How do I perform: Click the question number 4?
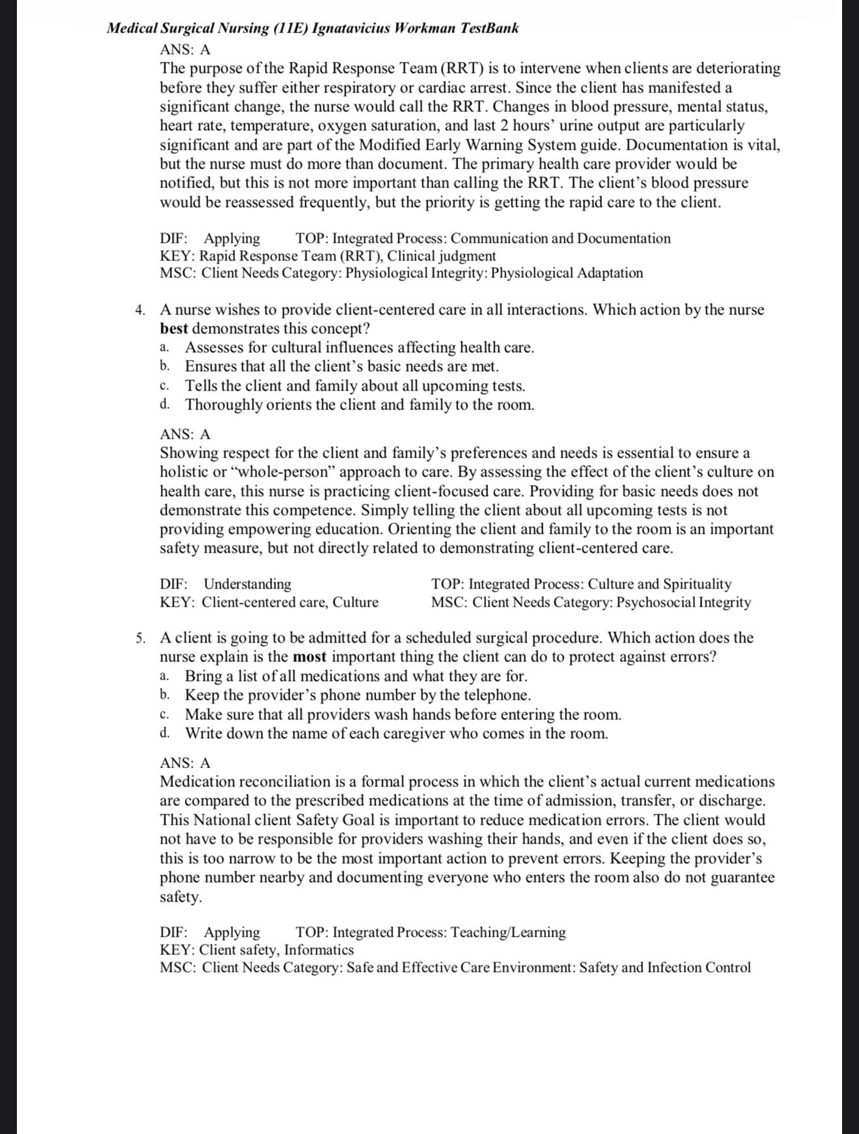[140, 310]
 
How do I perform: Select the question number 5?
[140, 638]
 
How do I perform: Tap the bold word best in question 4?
[174, 328]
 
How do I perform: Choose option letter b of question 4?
[165, 366]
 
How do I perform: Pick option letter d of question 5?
[165, 734]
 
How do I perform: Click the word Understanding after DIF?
[247, 584]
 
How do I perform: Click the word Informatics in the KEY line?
[319, 950]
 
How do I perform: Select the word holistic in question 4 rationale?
[185, 472]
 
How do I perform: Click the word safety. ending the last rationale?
[181, 896]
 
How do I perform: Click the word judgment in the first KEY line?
[467, 256]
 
